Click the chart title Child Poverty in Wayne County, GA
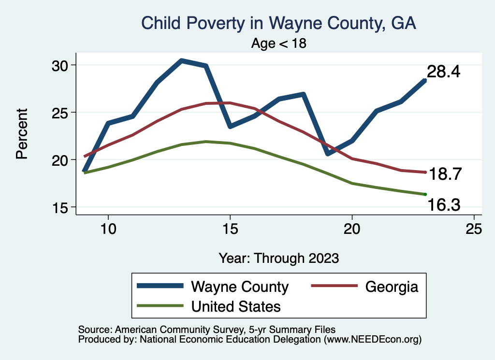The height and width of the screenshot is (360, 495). (278, 23)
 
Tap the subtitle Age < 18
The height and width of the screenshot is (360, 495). (279, 43)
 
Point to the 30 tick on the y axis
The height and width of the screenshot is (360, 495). (61, 65)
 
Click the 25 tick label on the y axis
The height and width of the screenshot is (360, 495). (61, 113)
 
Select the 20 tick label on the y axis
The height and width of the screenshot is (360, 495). (61, 160)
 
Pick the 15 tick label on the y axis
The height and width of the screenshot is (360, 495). (61, 207)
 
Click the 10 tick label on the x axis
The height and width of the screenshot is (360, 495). (108, 229)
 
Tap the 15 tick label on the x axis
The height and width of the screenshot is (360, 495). (230, 229)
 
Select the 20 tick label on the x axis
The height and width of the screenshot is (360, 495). (351, 229)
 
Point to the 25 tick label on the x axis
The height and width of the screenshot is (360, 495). (473, 229)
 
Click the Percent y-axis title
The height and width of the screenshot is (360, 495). (21, 134)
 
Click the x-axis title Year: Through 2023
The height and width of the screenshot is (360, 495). (278, 258)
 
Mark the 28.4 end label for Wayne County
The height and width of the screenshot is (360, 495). (443, 72)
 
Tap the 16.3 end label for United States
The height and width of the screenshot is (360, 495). (444, 206)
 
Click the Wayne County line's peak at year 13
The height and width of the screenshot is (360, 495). (181, 60)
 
